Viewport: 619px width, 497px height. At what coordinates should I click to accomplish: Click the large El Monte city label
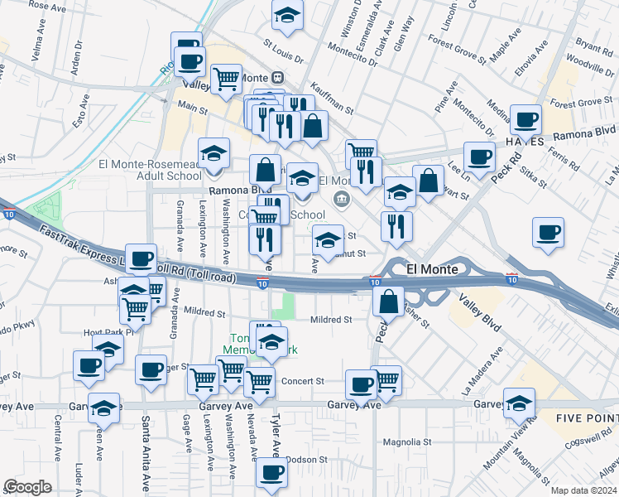click(x=430, y=269)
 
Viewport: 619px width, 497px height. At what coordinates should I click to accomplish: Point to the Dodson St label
click(x=307, y=460)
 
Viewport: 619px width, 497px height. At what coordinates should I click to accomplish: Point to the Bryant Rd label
click(x=593, y=45)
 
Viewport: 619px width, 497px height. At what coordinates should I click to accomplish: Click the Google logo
click(x=27, y=487)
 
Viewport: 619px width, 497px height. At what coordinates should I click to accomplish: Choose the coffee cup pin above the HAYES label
click(x=525, y=118)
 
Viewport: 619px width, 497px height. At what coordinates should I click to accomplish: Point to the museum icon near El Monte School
click(x=341, y=200)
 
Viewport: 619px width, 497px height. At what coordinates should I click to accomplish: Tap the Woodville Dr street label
click(x=590, y=64)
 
